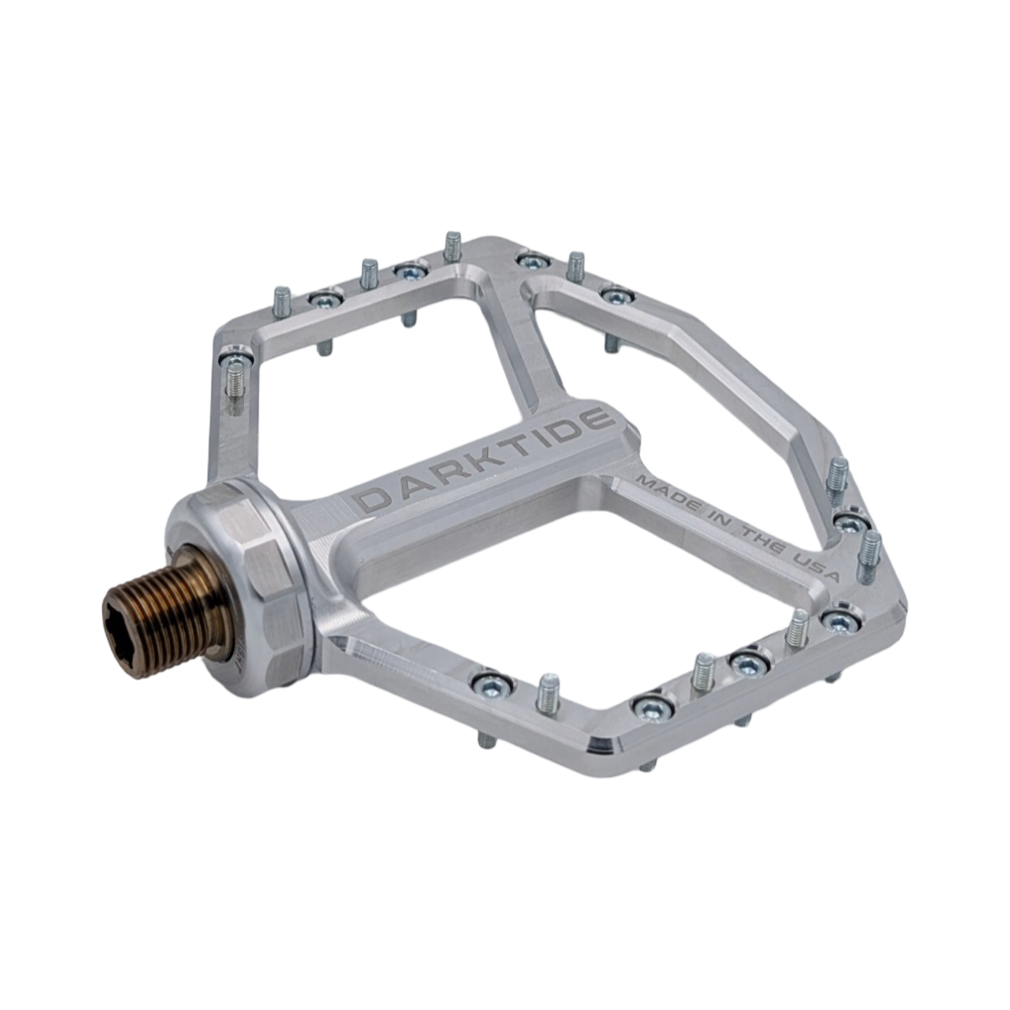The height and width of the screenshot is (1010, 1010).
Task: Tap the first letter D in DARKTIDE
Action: point(373,499)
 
